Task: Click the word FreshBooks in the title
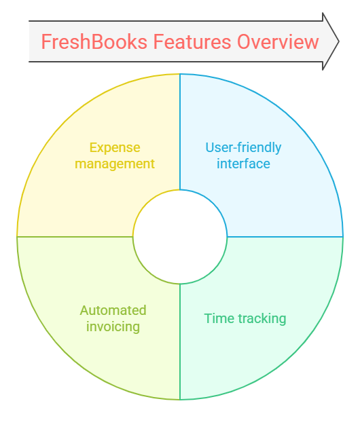pos(94,41)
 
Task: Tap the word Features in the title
pos(192,41)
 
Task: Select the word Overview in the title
pos(278,41)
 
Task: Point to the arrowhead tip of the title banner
pos(338,41)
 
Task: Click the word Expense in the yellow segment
pos(115,148)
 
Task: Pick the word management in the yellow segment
pos(115,164)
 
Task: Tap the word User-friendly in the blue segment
pos(243,148)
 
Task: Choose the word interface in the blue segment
pos(243,164)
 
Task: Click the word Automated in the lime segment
pos(113,310)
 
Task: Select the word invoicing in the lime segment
pos(113,326)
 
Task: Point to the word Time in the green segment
pos(219,318)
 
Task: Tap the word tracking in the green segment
pos(262,319)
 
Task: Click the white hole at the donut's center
pos(180,237)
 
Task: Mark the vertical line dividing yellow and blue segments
pos(180,132)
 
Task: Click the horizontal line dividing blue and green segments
pos(285,237)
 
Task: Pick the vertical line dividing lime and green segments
pos(180,341)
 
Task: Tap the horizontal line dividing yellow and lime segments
pos(75,237)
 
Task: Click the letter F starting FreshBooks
pos(46,41)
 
